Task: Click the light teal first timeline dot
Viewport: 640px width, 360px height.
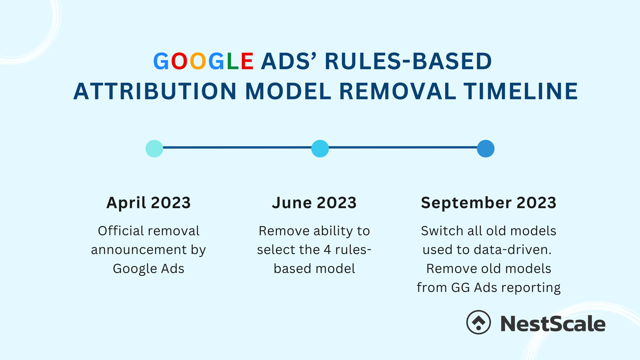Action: coord(154,149)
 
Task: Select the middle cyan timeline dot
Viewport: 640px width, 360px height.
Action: coord(320,149)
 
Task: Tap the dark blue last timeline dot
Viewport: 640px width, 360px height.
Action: coord(486,149)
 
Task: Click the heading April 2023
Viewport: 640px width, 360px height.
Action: coord(148,203)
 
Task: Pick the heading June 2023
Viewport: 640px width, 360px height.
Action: coord(314,203)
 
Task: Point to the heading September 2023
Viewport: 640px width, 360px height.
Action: coord(488,203)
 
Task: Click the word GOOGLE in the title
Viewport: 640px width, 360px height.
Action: coord(203,61)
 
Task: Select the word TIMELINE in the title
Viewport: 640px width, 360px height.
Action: coord(520,92)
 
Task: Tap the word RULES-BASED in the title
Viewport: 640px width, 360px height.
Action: coord(408,61)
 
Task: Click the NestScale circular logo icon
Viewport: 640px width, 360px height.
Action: coord(478,322)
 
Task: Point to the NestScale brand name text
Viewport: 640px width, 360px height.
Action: coord(553,324)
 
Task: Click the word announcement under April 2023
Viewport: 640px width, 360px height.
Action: coord(139,250)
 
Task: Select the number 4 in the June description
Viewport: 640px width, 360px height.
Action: coord(327,250)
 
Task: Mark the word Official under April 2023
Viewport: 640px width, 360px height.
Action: coord(117,231)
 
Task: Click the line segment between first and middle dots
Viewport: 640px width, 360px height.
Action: coord(237,147)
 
